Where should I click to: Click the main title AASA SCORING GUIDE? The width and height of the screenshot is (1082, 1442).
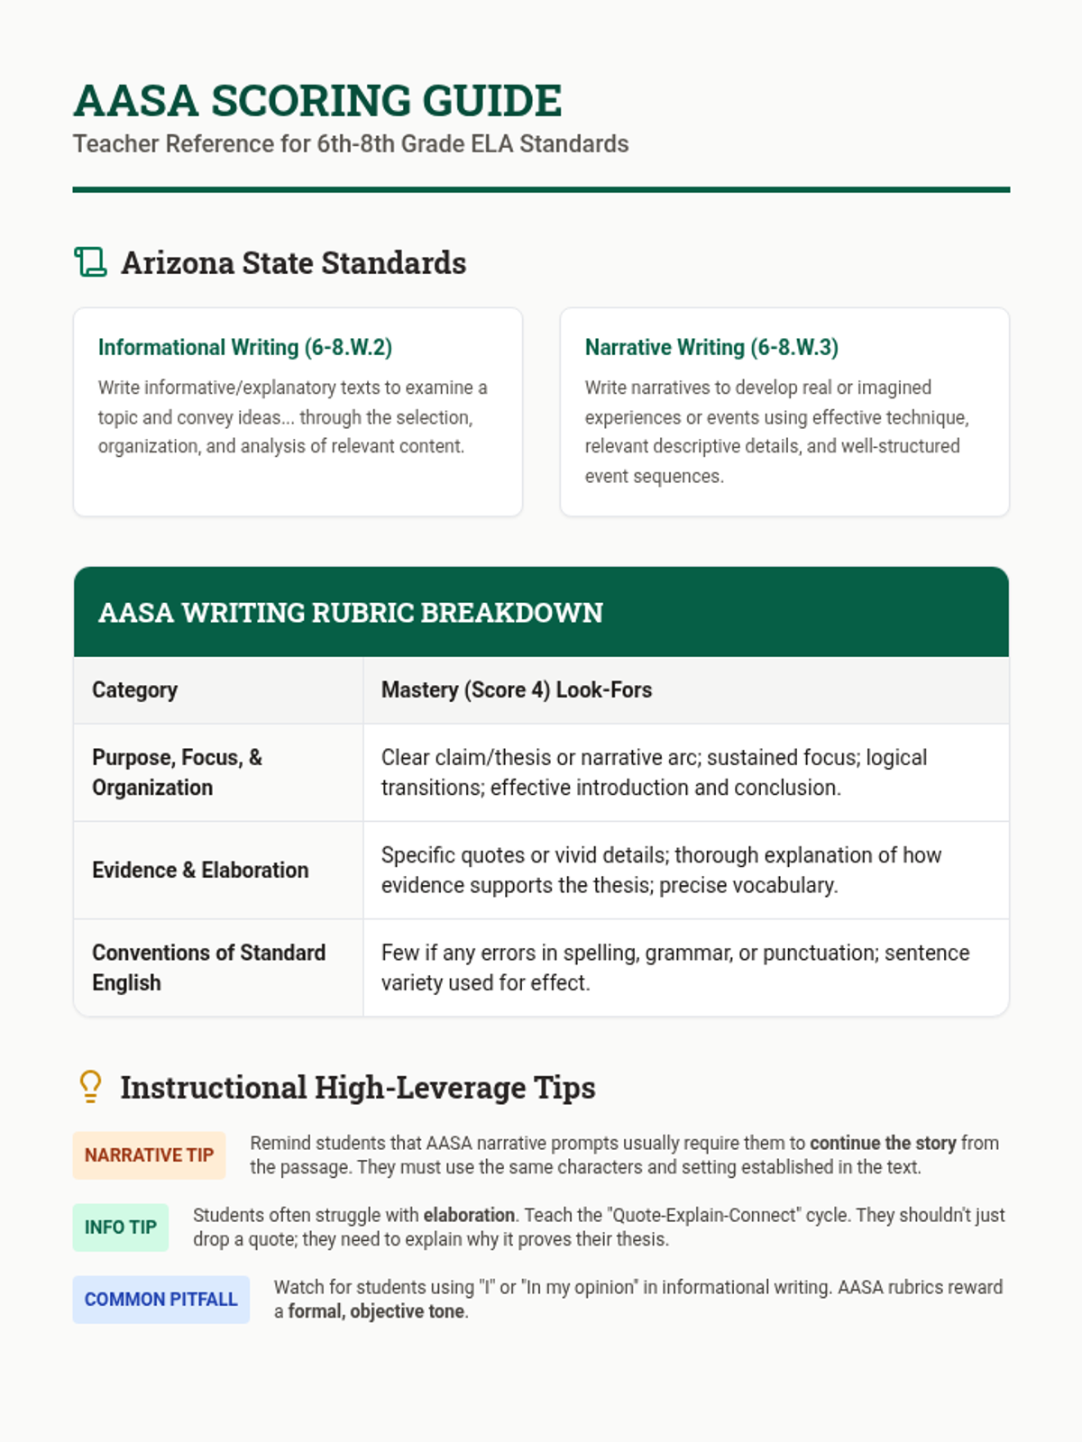(x=317, y=100)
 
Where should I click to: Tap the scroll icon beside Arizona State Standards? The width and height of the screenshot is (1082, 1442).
(x=90, y=262)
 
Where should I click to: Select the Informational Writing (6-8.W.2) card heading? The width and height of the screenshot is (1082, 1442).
(x=245, y=347)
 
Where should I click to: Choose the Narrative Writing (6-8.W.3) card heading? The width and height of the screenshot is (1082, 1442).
(x=711, y=347)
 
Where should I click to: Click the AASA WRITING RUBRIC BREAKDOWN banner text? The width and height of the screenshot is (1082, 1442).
(x=350, y=613)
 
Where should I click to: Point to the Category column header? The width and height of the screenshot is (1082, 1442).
(x=134, y=690)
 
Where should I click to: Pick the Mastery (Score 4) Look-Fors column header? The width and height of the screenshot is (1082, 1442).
(x=516, y=690)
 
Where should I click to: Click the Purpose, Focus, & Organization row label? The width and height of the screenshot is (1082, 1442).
(x=177, y=772)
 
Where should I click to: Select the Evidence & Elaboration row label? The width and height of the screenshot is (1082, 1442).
(x=200, y=870)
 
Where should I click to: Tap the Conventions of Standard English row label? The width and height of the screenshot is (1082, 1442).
(x=208, y=967)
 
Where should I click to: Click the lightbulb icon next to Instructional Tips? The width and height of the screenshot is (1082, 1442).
(x=90, y=1087)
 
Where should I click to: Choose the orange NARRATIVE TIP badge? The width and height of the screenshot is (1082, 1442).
(x=149, y=1155)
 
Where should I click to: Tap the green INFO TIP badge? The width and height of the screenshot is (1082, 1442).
(x=121, y=1228)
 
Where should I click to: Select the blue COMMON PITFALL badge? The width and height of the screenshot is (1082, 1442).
(x=160, y=1300)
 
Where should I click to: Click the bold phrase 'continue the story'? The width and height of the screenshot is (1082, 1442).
(x=882, y=1143)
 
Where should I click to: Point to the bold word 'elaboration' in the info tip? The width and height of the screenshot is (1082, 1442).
(x=469, y=1215)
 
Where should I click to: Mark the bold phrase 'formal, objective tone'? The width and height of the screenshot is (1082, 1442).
(x=376, y=1311)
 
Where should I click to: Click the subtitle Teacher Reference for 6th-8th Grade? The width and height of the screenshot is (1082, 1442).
(x=351, y=144)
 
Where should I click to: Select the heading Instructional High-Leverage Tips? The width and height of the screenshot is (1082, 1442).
(x=357, y=1088)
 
